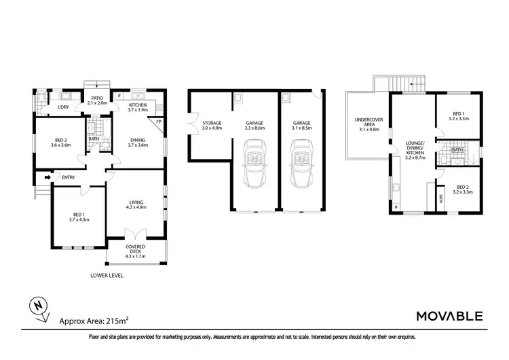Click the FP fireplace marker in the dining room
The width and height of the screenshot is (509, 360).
(x=159, y=122)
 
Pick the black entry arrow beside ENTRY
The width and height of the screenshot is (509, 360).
(x=48, y=179)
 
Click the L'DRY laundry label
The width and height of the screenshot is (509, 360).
(x=63, y=107)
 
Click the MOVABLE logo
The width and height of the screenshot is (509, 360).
(x=449, y=316)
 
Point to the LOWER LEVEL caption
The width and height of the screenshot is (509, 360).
(x=107, y=276)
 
